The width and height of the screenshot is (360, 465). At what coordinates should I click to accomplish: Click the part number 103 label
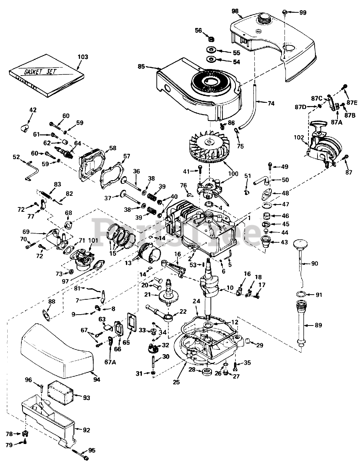point(83,57)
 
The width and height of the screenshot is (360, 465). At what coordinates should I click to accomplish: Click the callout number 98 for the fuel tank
point(235,11)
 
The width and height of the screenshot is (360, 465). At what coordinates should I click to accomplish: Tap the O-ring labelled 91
point(300,294)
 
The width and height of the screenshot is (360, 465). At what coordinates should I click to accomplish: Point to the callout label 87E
point(352,102)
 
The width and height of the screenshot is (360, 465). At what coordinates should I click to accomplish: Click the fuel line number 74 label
point(271,103)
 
